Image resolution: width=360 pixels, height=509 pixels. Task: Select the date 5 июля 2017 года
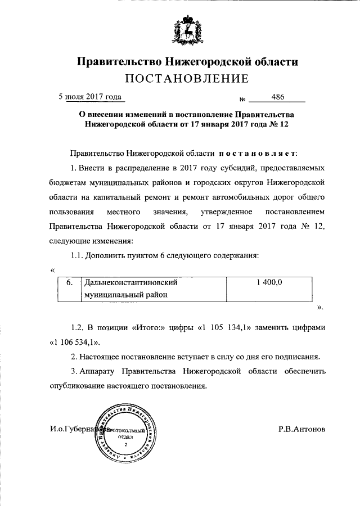click(91, 97)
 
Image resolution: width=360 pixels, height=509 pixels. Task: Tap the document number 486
click(277, 97)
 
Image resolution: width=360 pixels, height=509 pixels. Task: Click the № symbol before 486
click(243, 99)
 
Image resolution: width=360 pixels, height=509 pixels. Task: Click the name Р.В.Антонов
click(301, 429)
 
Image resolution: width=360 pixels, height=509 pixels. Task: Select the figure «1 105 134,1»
click(224, 327)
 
